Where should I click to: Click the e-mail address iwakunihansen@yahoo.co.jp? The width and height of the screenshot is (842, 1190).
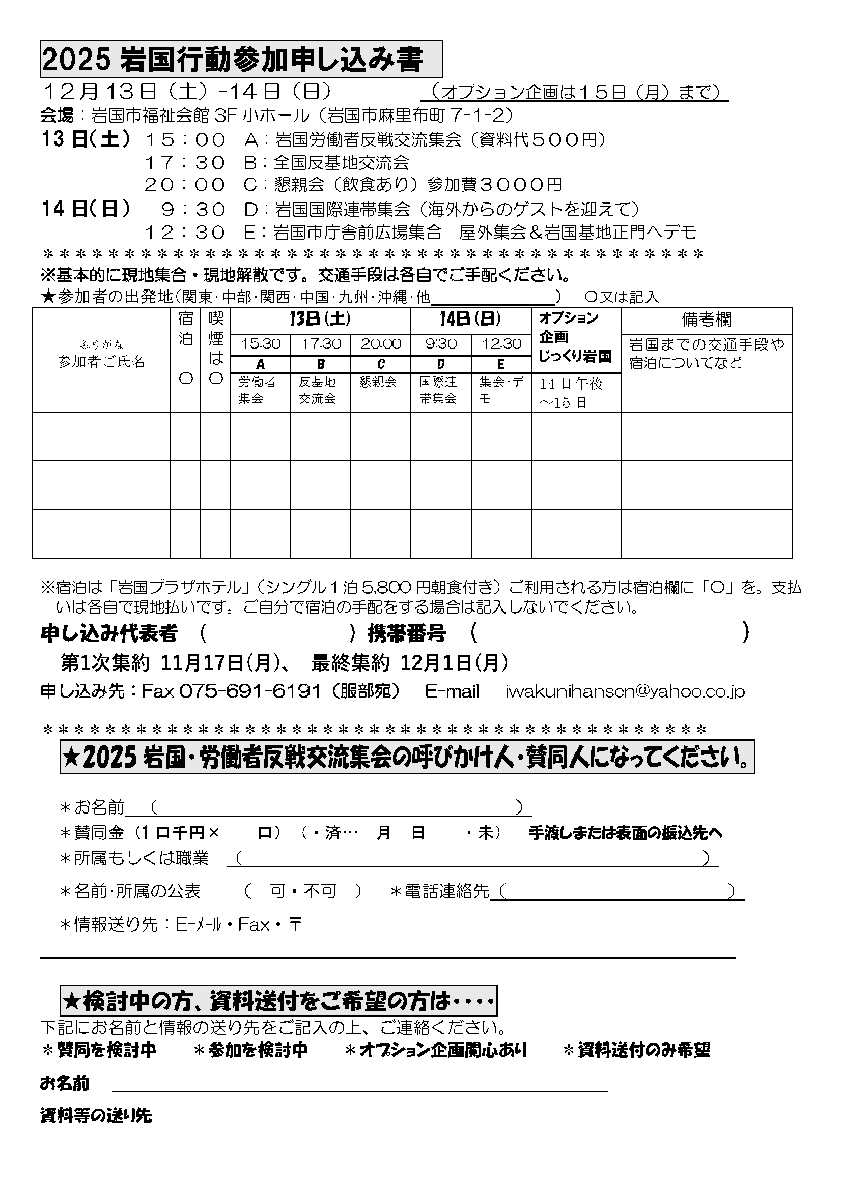[625, 691]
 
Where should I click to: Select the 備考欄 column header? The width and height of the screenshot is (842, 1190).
[706, 321]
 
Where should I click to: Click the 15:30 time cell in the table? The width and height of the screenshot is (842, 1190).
[260, 344]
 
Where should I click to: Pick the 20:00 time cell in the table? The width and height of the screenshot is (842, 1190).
[381, 344]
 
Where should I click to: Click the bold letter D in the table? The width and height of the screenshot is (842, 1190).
[441, 364]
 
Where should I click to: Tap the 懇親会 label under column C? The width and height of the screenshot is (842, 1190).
[378, 382]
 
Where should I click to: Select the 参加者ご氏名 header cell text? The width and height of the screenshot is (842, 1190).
[101, 362]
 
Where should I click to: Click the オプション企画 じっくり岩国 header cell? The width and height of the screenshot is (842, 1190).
[576, 337]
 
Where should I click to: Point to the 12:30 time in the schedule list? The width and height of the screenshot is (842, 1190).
[185, 232]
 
